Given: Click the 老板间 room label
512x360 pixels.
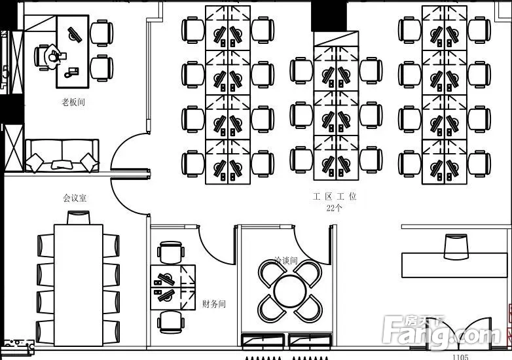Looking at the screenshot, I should (x=73, y=102).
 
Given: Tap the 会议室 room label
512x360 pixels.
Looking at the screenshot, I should (x=75, y=197).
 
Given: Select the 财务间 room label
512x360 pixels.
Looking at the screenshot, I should (x=214, y=304).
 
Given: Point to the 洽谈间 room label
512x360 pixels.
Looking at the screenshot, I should (x=286, y=261).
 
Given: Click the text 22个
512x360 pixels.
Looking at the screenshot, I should (x=334, y=208).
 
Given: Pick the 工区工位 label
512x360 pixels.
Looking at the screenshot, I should (x=334, y=196).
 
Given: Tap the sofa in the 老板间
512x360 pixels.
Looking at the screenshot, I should (x=62, y=156).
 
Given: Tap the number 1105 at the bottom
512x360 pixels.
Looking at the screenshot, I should (x=460, y=357).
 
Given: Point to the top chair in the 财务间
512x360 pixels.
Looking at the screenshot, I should (x=171, y=252).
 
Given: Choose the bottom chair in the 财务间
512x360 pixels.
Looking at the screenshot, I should (x=170, y=321).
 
